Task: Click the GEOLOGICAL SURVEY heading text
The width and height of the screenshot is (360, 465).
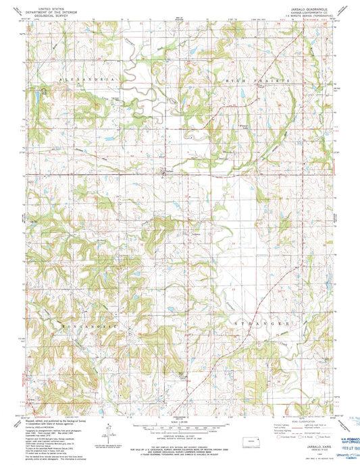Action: point(57,16)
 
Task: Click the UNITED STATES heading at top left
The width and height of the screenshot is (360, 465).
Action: point(57,5)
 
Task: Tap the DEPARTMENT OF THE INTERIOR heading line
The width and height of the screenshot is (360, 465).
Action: point(57,11)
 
